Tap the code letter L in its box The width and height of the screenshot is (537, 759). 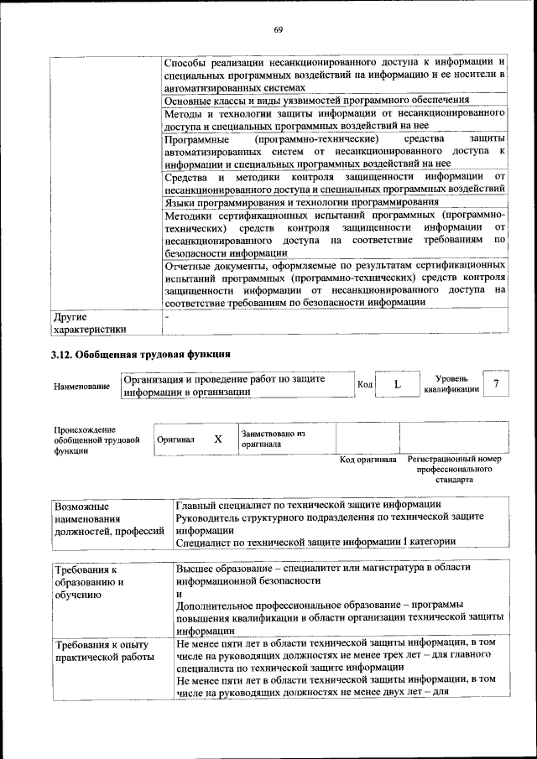tap(397, 384)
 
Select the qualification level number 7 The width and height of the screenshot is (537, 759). tap(497, 384)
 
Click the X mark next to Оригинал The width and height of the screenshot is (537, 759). tap(218, 439)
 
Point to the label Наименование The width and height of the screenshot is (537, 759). tap(81, 386)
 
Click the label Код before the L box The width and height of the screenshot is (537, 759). tap(365, 385)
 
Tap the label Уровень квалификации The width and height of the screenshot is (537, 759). tap(451, 384)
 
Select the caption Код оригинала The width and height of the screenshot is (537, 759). tap(368, 460)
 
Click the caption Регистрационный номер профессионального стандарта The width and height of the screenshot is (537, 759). tap(453, 470)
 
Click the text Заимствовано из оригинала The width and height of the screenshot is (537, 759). tap(273, 439)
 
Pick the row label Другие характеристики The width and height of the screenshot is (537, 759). tap(90, 323)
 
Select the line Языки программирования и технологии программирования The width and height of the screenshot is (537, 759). tap(301, 202)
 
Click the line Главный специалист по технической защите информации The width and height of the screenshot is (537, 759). tap(309, 505)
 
